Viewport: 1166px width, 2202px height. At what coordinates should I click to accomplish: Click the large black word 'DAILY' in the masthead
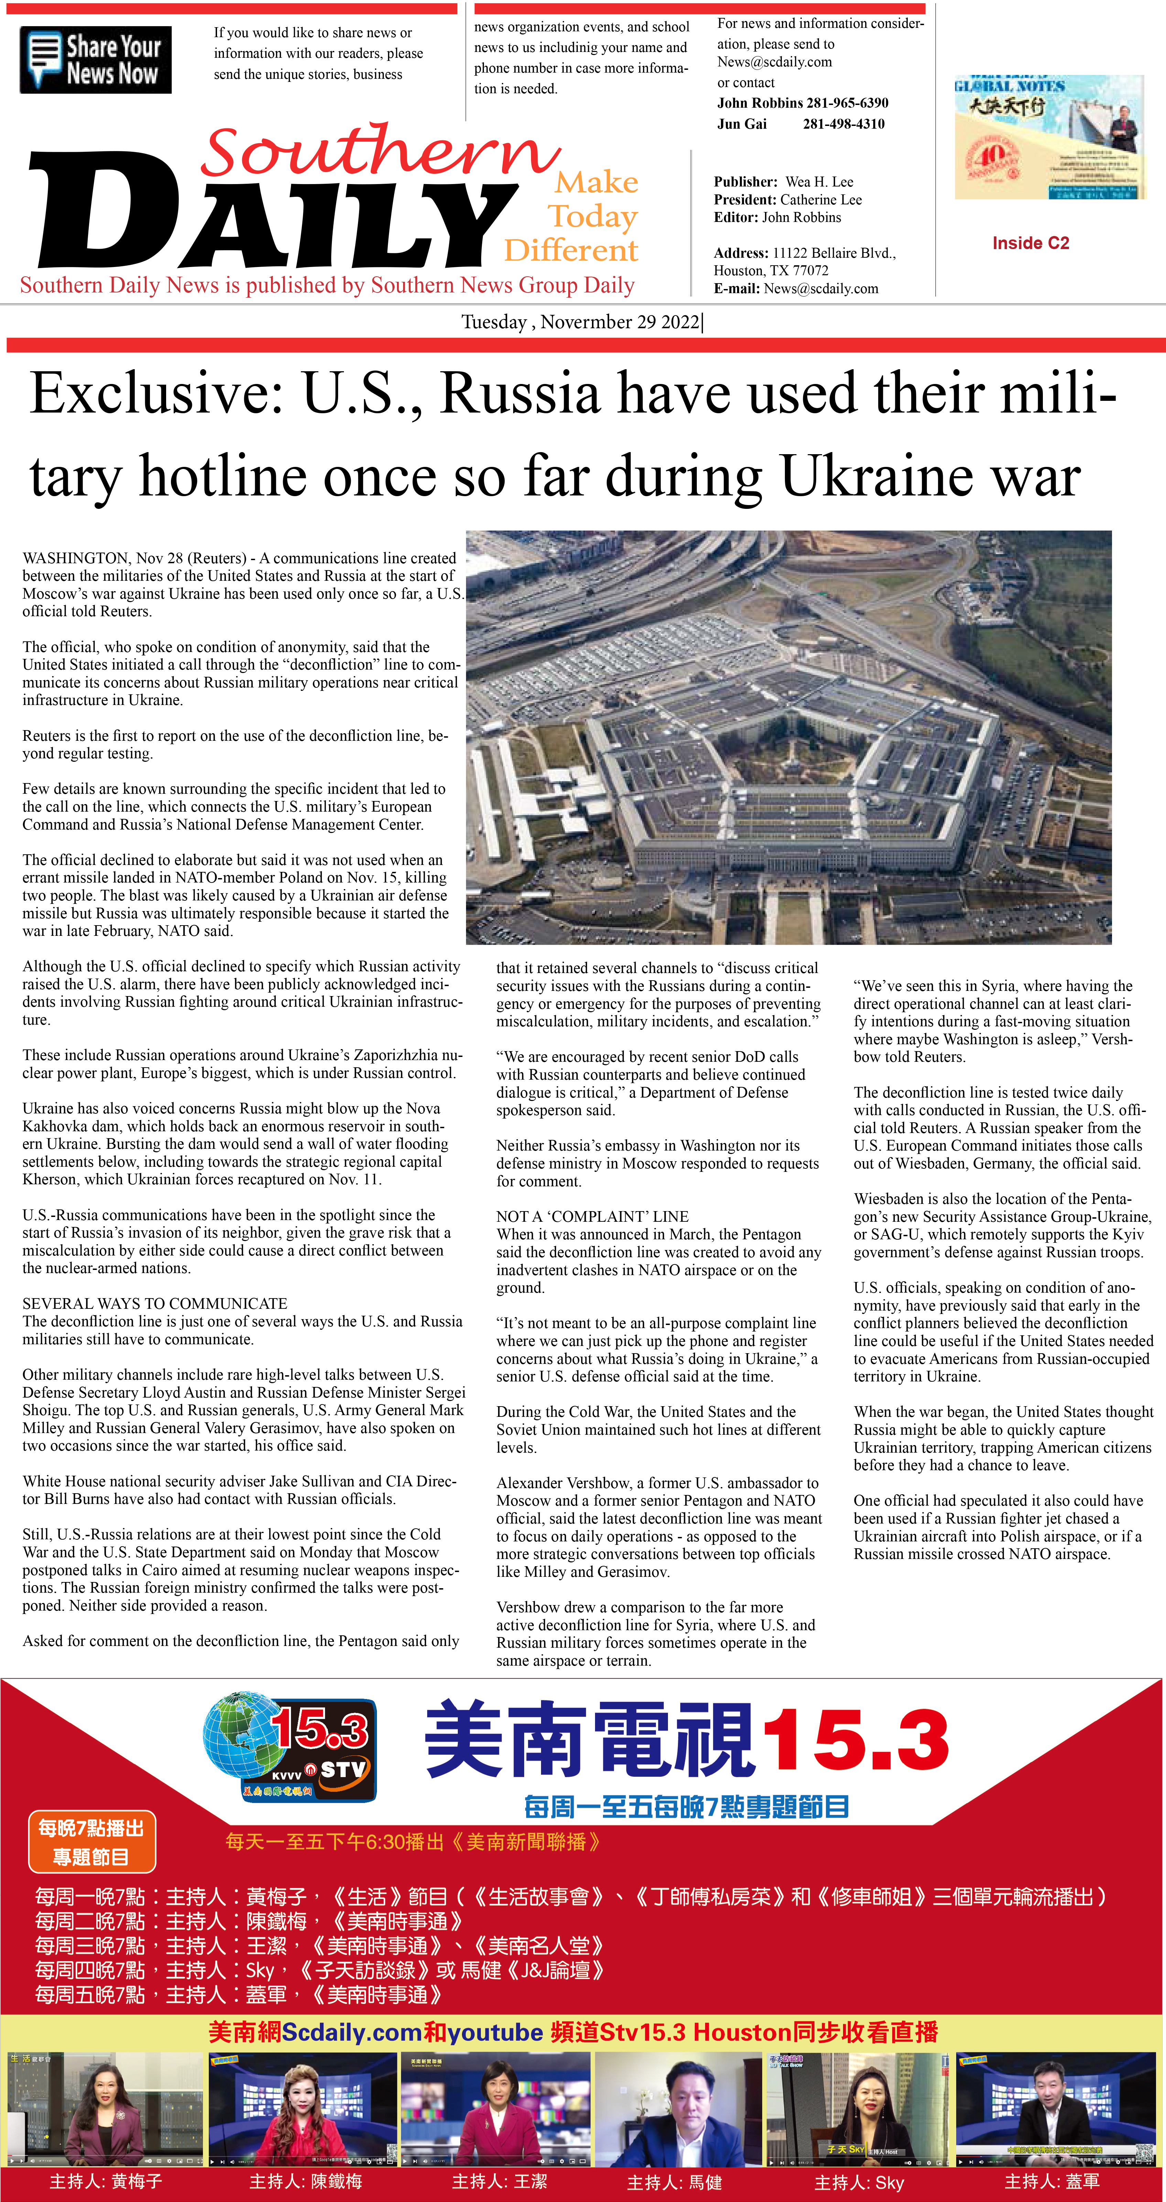[273, 214]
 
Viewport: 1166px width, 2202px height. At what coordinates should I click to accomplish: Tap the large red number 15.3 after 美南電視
[855, 1740]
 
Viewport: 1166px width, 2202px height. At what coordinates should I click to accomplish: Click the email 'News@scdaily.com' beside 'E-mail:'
[821, 289]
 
